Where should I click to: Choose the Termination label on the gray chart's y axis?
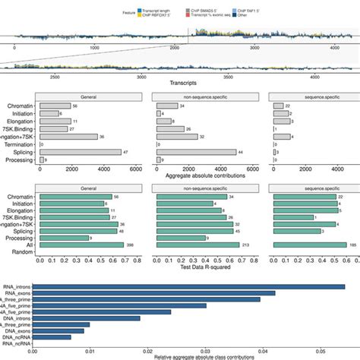[18, 143]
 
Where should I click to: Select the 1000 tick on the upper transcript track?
[94, 47]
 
